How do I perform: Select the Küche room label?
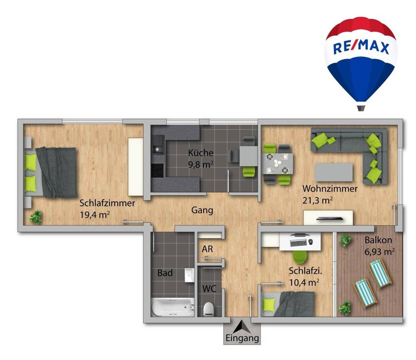(x=201, y=152)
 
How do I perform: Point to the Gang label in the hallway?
(x=202, y=210)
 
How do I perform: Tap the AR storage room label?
(x=207, y=249)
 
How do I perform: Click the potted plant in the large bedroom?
(x=35, y=218)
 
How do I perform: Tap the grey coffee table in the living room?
(x=334, y=172)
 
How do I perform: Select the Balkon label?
(x=378, y=240)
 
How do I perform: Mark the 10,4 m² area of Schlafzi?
(x=304, y=283)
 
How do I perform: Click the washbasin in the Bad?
(x=189, y=275)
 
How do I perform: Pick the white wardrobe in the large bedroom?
(x=135, y=167)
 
